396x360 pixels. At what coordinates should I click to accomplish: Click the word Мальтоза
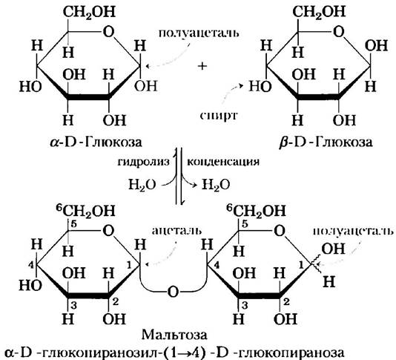(x=174, y=335)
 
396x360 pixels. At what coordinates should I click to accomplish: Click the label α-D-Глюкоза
(x=96, y=143)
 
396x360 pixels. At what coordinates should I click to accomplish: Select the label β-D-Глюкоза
(x=326, y=143)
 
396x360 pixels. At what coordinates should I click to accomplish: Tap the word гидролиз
(x=143, y=162)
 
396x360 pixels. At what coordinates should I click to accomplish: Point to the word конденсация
(x=223, y=162)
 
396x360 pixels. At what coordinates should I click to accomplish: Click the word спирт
(x=219, y=116)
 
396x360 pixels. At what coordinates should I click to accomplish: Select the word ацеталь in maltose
(x=176, y=231)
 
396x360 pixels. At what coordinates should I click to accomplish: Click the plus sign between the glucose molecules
(x=202, y=66)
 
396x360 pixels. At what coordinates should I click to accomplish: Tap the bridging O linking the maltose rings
(x=174, y=292)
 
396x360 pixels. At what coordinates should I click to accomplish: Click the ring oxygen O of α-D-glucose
(x=108, y=32)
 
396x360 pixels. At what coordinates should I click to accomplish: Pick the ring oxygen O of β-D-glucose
(x=339, y=32)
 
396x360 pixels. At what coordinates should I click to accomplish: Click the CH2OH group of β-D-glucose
(x=319, y=12)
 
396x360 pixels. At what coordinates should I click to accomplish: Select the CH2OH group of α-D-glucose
(x=89, y=12)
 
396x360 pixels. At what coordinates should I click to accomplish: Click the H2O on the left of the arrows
(x=142, y=185)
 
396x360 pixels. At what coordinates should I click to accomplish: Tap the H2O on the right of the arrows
(x=216, y=185)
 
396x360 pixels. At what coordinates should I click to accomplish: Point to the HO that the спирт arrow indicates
(x=260, y=86)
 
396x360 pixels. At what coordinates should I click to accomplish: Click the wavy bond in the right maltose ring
(x=316, y=264)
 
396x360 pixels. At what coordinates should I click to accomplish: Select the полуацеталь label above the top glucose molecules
(x=199, y=33)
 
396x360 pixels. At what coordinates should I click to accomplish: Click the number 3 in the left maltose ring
(x=73, y=305)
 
